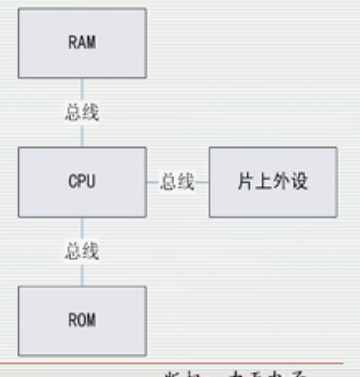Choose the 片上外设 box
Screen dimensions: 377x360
[272, 182]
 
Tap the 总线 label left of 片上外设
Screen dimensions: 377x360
[178, 183]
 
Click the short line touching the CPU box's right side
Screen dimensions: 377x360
[153, 183]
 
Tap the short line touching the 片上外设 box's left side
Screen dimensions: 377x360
[202, 183]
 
